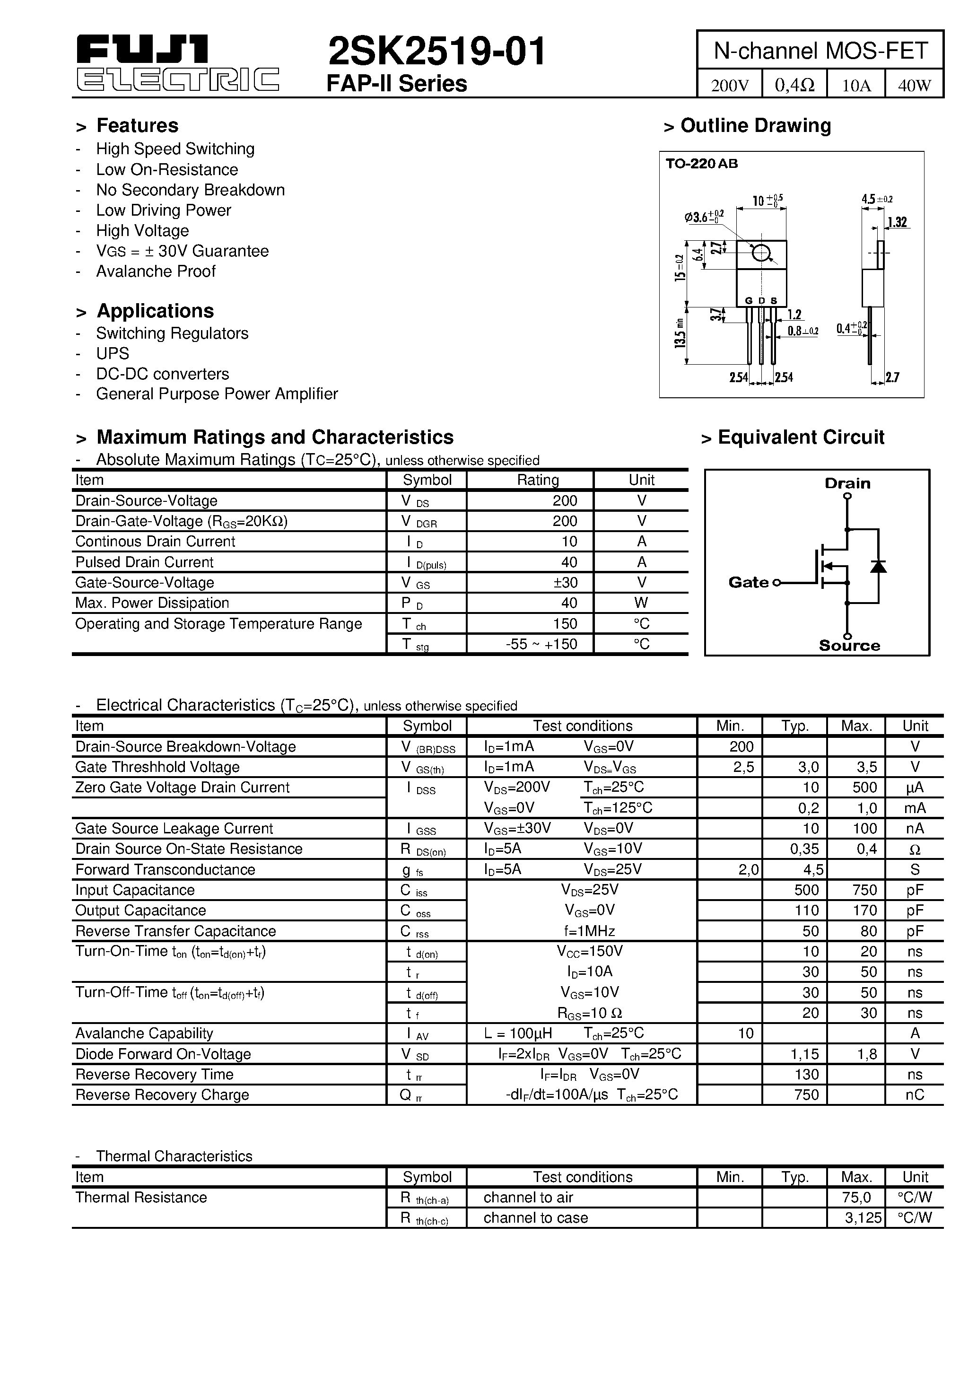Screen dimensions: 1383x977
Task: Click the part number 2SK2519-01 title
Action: (436, 51)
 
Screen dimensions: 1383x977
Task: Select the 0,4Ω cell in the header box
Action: (794, 85)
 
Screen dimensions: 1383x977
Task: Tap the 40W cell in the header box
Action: (914, 85)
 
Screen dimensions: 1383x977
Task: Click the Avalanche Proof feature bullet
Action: (156, 271)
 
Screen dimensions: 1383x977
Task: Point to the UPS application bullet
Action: (113, 354)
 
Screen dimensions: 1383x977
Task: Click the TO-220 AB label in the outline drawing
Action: (701, 164)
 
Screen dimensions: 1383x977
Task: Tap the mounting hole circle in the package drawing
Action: (761, 253)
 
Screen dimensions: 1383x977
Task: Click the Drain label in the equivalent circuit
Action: (847, 483)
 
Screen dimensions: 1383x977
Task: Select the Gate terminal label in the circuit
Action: (748, 582)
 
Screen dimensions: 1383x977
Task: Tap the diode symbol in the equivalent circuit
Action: (878, 566)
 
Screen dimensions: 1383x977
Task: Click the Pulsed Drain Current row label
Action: (145, 562)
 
